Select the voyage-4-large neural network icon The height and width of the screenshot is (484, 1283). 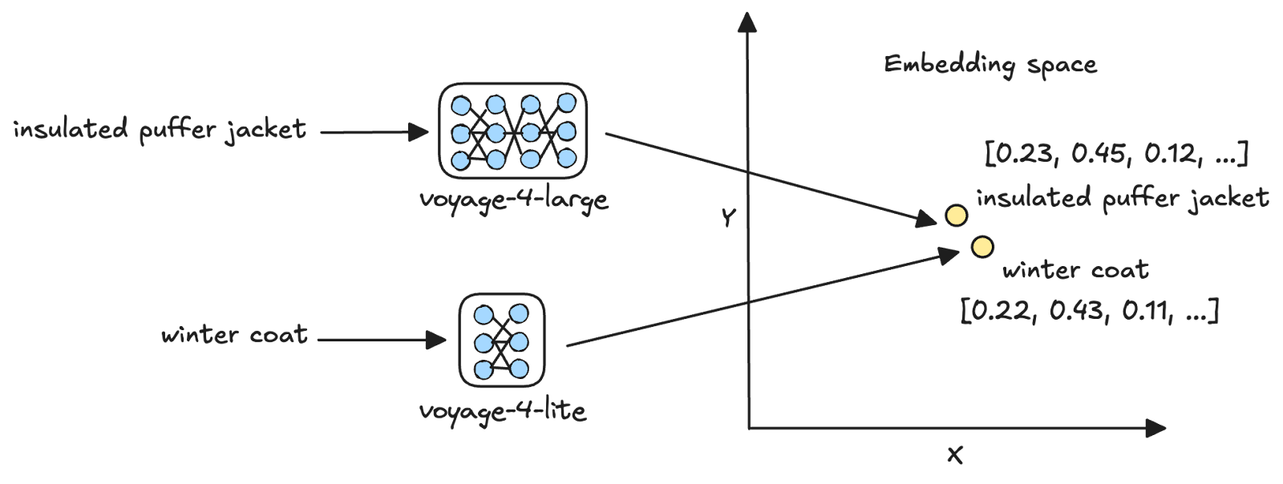(x=513, y=131)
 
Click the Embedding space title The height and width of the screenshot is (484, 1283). (x=990, y=65)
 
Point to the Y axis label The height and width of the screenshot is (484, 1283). (x=727, y=218)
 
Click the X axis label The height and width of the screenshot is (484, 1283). (x=954, y=456)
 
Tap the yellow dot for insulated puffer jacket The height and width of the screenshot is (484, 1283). (x=956, y=216)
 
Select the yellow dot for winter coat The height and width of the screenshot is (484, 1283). (x=981, y=246)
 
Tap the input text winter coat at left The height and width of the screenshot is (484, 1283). (x=234, y=334)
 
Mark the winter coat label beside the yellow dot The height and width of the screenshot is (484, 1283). (x=1075, y=270)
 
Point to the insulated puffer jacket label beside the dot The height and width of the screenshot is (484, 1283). (x=1123, y=198)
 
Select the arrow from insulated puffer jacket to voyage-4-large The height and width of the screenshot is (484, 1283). (x=373, y=132)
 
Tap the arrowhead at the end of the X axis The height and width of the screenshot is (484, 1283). (x=1156, y=429)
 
